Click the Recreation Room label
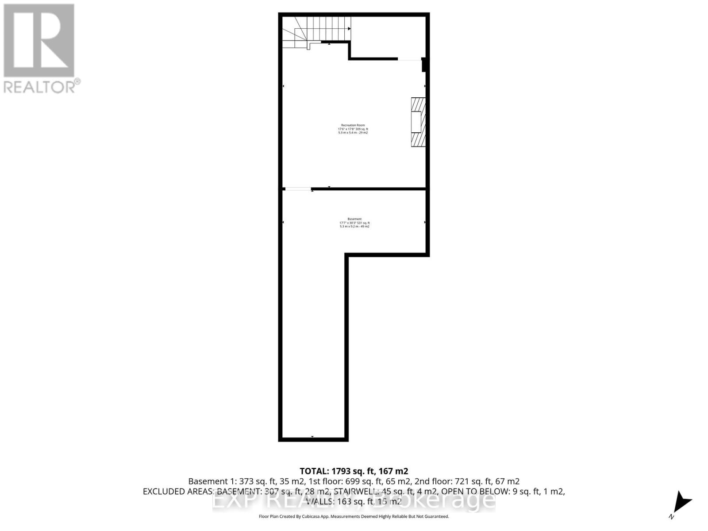tap(353, 125)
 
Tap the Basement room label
tap(354, 219)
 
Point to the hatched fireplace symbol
tap(418, 122)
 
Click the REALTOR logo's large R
tap(39, 40)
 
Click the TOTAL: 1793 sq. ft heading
tap(354, 471)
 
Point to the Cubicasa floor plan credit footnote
tap(354, 516)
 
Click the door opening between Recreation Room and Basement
tap(297, 189)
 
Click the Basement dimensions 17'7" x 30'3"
tap(348, 223)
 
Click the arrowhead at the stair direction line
tap(350, 29)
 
